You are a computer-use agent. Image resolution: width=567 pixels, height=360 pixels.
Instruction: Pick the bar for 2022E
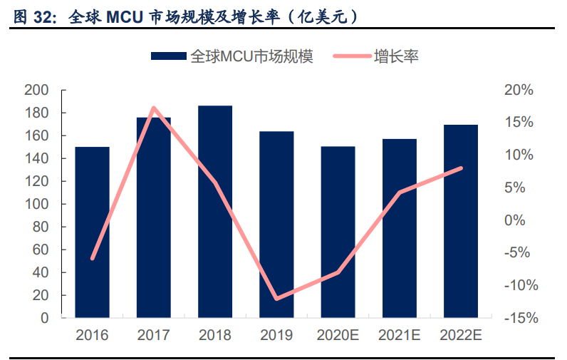coord(461,221)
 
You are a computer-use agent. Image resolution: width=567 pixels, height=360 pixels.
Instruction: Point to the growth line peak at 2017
coord(154,108)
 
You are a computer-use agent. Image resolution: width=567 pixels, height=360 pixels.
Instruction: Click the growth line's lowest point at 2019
coord(276,298)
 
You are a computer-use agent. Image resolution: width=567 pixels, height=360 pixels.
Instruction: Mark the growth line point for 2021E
coord(400,192)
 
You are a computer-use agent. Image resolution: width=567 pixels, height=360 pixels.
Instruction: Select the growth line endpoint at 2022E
coord(461,168)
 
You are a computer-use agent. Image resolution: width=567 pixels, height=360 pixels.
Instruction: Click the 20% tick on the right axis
coord(518,91)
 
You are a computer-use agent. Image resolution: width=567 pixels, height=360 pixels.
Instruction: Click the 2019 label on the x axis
coord(276,334)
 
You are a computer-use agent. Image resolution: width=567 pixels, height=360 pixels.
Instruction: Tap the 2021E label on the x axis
coord(400,334)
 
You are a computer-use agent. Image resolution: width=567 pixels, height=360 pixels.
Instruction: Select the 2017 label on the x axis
coord(154,334)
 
